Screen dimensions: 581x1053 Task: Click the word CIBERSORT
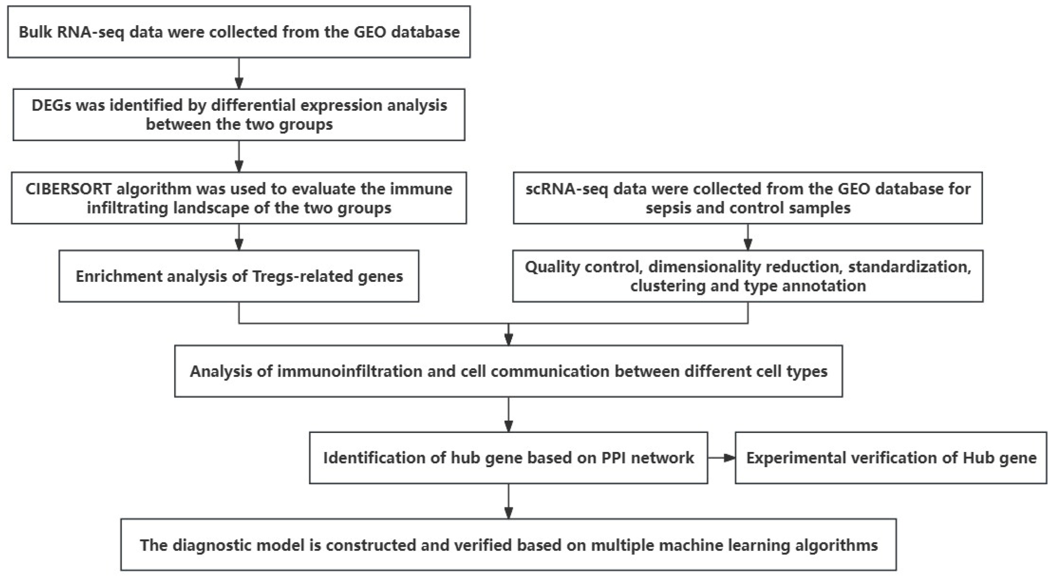[x=68, y=189]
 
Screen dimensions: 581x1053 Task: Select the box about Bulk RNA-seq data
[x=239, y=32]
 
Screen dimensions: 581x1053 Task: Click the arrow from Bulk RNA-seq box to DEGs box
[x=239, y=73]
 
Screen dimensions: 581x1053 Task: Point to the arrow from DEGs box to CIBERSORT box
[x=239, y=157]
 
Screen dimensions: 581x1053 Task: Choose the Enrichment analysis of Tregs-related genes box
[x=239, y=276]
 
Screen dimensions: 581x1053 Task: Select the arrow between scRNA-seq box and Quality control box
[x=748, y=237]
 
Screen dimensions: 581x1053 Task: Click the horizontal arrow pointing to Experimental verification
[x=721, y=458]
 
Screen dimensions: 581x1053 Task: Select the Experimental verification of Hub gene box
[x=891, y=458]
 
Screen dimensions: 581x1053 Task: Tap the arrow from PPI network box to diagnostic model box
[x=508, y=502]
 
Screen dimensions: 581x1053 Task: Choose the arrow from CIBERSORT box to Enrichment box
[x=239, y=237]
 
